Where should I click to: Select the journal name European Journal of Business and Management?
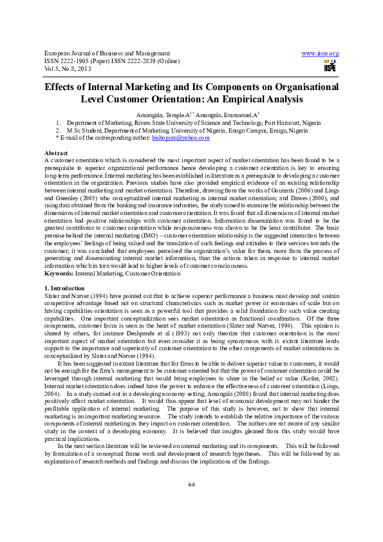107,53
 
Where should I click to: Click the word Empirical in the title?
244,100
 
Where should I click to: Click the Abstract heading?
55,153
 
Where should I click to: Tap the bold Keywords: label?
59,274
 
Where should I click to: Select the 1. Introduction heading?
64,288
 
